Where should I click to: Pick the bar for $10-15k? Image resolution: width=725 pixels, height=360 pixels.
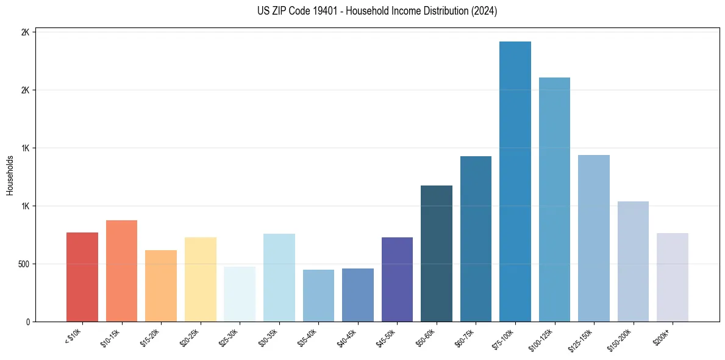pyautogui.click(x=121, y=271)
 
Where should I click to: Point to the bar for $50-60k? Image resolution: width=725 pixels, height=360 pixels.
pyautogui.click(x=437, y=253)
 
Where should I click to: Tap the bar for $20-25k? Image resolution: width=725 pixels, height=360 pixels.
pyautogui.click(x=200, y=279)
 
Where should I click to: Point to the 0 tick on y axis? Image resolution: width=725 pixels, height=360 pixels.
pyautogui.click(x=28, y=322)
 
